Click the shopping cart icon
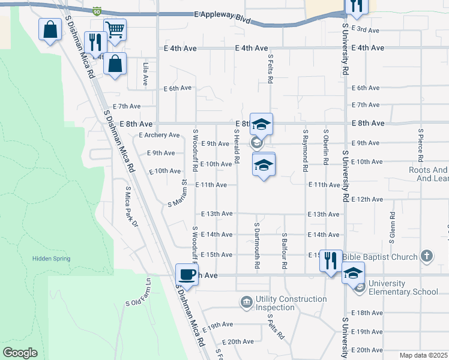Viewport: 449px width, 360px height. [x=115, y=28]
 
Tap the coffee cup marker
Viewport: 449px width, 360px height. [x=186, y=274]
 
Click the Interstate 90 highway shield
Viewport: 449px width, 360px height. [x=98, y=11]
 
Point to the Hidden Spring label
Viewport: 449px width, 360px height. [x=51, y=259]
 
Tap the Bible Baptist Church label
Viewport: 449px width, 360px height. [x=380, y=257]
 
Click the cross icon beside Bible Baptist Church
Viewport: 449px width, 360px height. [x=426, y=256]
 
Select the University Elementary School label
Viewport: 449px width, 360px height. [x=403, y=288]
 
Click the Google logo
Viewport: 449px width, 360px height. [x=20, y=353]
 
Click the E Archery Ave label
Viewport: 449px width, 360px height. [x=159, y=135]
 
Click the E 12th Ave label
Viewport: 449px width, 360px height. [x=368, y=199]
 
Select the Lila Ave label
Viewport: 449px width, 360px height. [x=145, y=73]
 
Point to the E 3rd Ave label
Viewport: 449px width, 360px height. [x=366, y=30]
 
